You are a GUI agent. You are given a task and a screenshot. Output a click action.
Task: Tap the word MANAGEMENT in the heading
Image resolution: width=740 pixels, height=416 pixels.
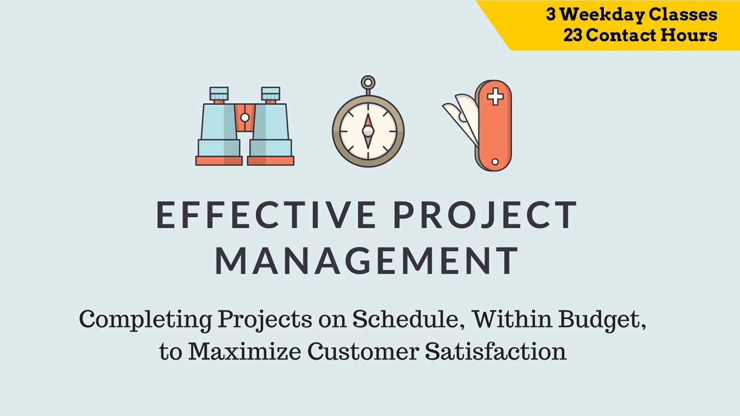pos(366,260)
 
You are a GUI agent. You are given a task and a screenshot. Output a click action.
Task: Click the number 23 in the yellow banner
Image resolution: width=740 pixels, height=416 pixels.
pos(573,35)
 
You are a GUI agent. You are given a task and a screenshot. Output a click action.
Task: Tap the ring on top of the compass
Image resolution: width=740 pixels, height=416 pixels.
pos(368,83)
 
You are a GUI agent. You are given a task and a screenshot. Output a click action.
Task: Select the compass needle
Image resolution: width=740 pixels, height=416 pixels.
pos(368,131)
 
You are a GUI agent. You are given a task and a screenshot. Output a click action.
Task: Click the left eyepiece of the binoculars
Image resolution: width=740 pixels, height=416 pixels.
pos(219,94)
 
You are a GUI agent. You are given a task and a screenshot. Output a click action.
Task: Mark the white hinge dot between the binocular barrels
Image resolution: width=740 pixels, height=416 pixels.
pos(245,118)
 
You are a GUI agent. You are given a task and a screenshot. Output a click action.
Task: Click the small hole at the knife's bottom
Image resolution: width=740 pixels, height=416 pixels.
pos(495,162)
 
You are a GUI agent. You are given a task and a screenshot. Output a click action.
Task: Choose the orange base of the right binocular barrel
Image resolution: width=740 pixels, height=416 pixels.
pos(270,161)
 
